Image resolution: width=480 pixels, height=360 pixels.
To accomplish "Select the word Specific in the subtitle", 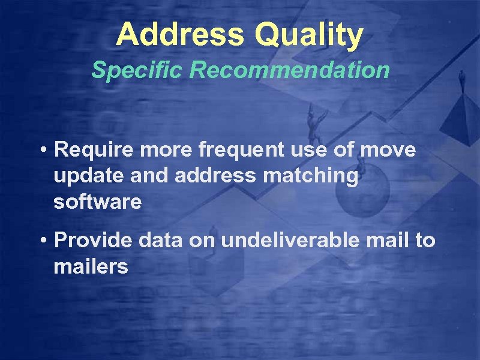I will (137, 71).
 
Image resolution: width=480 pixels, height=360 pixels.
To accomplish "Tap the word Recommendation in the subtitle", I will (290, 71).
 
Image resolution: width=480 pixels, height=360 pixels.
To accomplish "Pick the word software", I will (98, 202).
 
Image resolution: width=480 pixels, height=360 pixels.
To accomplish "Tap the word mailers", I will (91, 266).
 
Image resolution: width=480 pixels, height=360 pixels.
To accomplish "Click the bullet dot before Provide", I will (45, 241).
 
